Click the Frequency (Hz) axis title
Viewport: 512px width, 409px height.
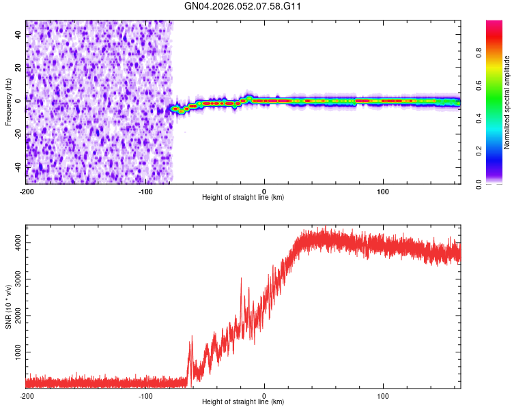8,102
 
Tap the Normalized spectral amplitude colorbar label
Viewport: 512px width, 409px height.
507,102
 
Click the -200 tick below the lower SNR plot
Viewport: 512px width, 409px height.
26,395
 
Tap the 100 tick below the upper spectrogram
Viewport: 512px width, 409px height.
383,191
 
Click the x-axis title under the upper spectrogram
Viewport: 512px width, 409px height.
243,198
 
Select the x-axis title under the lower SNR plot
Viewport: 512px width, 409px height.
243,402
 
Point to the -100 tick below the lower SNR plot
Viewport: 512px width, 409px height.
145,395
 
